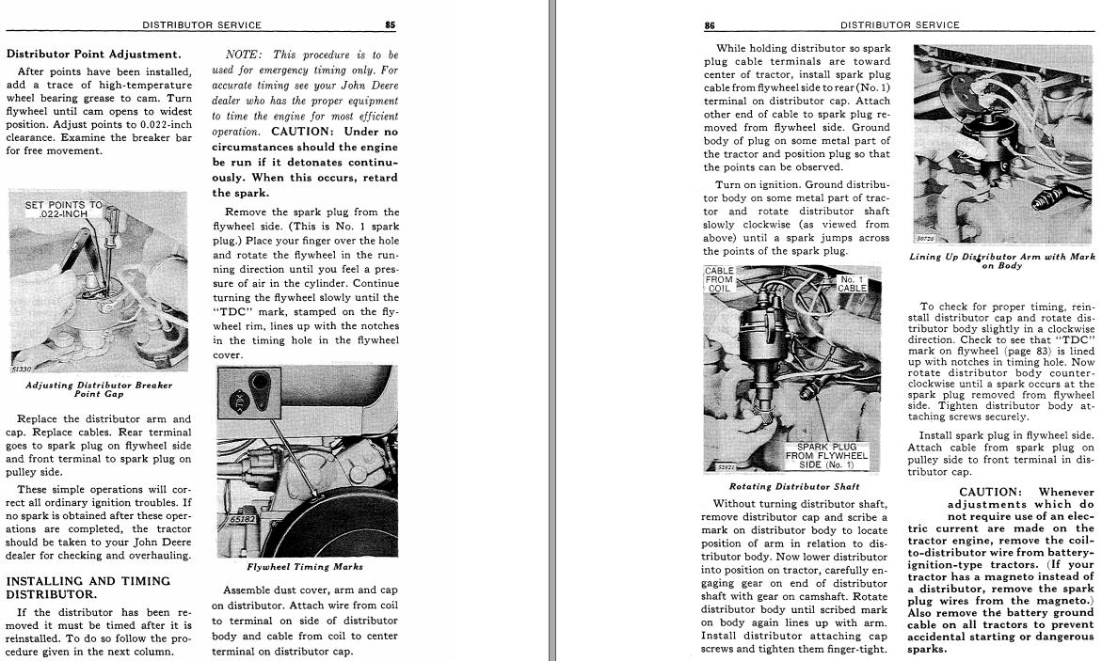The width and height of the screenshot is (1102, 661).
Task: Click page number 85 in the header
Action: [x=390, y=24]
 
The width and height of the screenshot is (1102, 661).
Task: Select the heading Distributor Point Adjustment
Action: [x=94, y=55]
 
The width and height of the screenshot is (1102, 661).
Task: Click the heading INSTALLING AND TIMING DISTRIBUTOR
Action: [x=88, y=588]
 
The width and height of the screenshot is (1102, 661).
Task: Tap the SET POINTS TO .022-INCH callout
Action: [x=64, y=209]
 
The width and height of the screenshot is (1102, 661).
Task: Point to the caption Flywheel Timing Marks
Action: [x=305, y=567]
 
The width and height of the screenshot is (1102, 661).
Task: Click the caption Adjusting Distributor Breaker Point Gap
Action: [x=99, y=389]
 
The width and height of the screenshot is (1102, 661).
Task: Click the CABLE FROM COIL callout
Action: [x=719, y=280]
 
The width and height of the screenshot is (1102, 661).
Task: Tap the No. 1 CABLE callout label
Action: [x=853, y=283]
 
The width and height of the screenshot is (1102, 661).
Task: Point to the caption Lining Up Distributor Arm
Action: [x=1001, y=260]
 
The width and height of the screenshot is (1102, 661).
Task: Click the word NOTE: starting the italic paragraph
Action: [x=243, y=55]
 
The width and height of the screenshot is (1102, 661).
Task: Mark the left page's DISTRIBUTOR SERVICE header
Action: [x=201, y=24]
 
